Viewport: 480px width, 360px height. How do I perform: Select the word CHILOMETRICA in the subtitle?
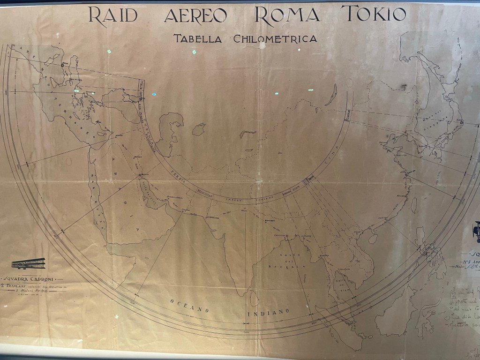(275, 39)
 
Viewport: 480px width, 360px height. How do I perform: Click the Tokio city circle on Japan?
(461, 122)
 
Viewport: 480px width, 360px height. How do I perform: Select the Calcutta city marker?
(283, 236)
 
